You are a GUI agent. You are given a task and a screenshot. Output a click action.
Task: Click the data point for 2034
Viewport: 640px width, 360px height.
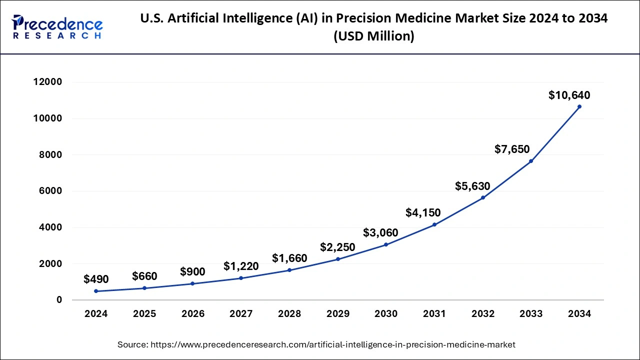(x=579, y=106)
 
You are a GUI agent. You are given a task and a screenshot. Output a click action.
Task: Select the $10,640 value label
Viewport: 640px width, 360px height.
(x=569, y=95)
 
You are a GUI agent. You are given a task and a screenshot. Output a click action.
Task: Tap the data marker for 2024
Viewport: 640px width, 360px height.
(x=96, y=291)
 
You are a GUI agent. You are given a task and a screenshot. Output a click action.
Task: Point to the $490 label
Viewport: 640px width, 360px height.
(x=96, y=279)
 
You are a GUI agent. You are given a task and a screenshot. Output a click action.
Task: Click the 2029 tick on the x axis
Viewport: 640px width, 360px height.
(x=337, y=314)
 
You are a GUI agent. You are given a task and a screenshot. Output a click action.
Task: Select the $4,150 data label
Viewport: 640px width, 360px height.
(x=423, y=213)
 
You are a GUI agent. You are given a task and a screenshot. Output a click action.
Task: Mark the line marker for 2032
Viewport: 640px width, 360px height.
(x=482, y=197)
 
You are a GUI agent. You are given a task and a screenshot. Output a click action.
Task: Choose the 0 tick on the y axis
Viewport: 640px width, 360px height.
(x=59, y=300)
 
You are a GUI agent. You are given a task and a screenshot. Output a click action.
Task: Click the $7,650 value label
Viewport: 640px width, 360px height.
(x=512, y=149)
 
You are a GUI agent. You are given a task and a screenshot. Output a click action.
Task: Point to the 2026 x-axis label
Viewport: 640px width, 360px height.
(x=192, y=314)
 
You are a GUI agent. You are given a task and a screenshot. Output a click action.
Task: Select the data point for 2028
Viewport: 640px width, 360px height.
(x=289, y=270)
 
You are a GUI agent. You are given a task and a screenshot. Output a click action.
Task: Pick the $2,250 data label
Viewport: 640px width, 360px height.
(x=337, y=247)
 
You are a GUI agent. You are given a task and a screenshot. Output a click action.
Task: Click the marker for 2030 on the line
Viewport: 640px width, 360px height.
(x=386, y=244)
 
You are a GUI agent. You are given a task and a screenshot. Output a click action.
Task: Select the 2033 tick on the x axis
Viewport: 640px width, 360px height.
(x=531, y=314)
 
